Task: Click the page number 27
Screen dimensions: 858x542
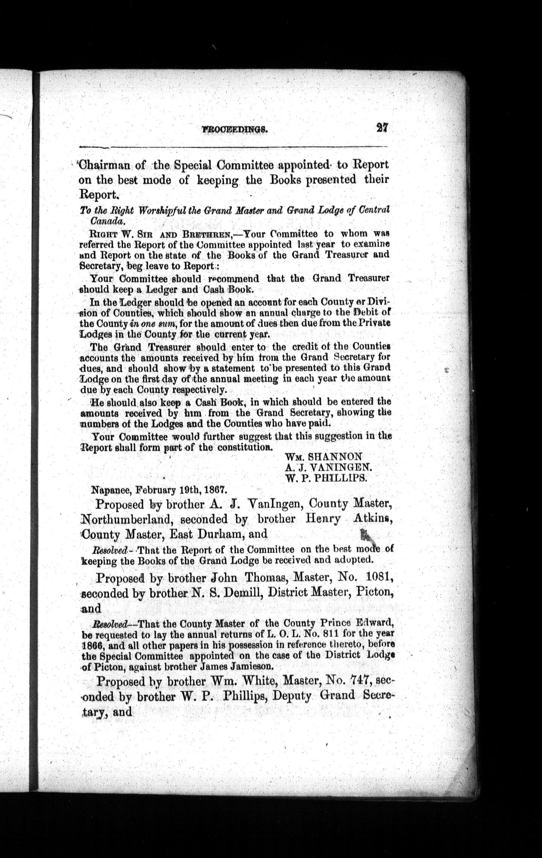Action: (x=381, y=128)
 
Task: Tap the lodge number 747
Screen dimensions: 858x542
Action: (x=364, y=682)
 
